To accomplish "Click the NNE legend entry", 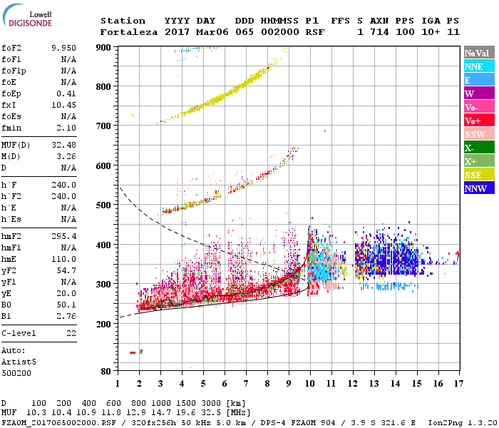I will [480, 66].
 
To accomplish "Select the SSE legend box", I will [480, 175].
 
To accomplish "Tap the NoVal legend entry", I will [480, 53].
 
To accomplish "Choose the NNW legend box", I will [480, 188].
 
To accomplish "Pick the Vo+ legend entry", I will [480, 121].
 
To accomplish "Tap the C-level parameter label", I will [19, 333].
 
